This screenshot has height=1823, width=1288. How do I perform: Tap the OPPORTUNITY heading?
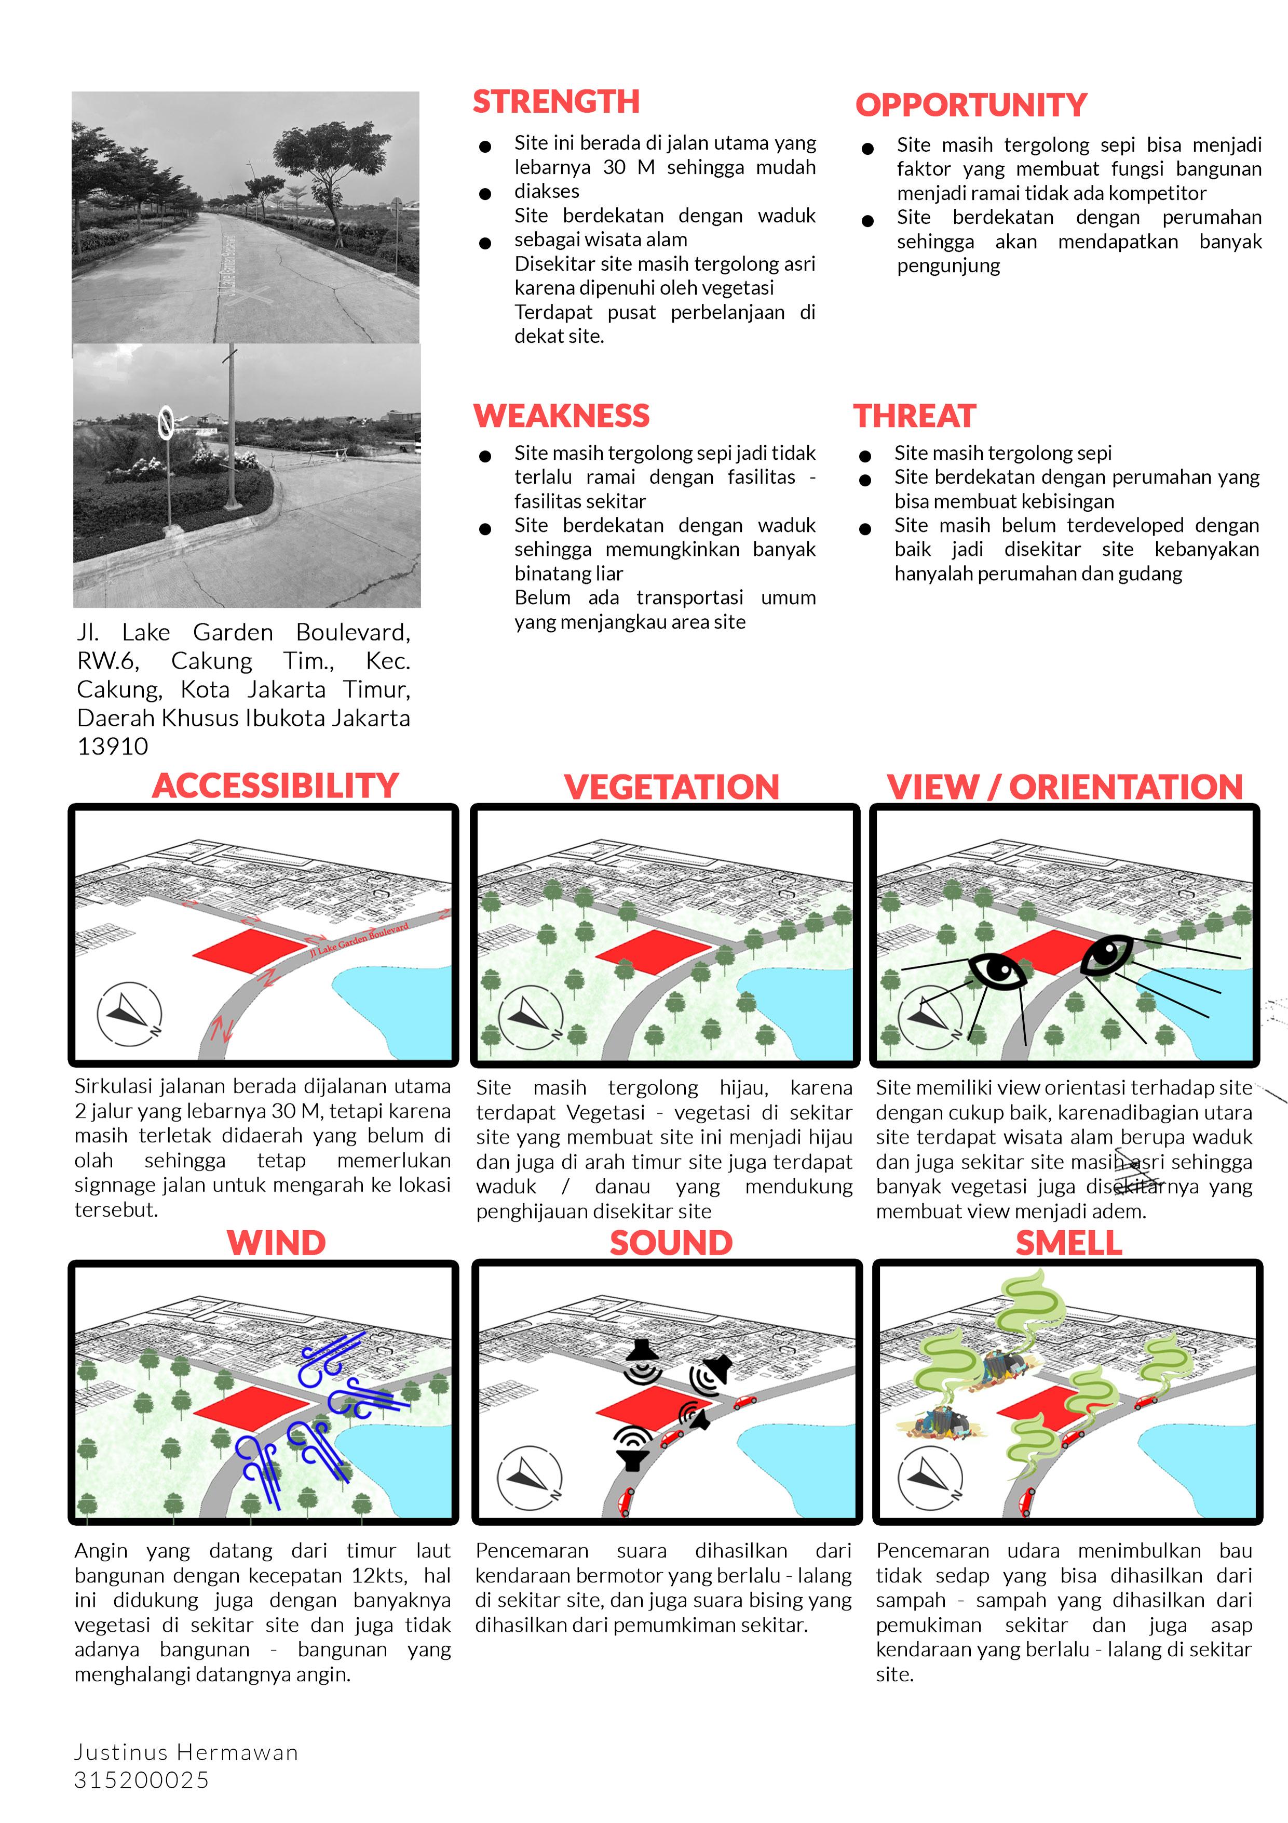pos(971,105)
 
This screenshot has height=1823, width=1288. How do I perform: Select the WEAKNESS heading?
pos(561,416)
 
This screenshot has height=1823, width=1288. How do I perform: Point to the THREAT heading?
pos(914,416)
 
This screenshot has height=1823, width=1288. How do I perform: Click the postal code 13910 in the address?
pos(113,747)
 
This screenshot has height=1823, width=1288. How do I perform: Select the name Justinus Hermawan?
pos(186,1752)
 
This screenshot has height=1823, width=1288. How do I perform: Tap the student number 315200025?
pos(141,1780)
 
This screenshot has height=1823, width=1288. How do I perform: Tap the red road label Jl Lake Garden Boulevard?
pos(359,938)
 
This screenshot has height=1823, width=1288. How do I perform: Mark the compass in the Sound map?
pos(530,1479)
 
